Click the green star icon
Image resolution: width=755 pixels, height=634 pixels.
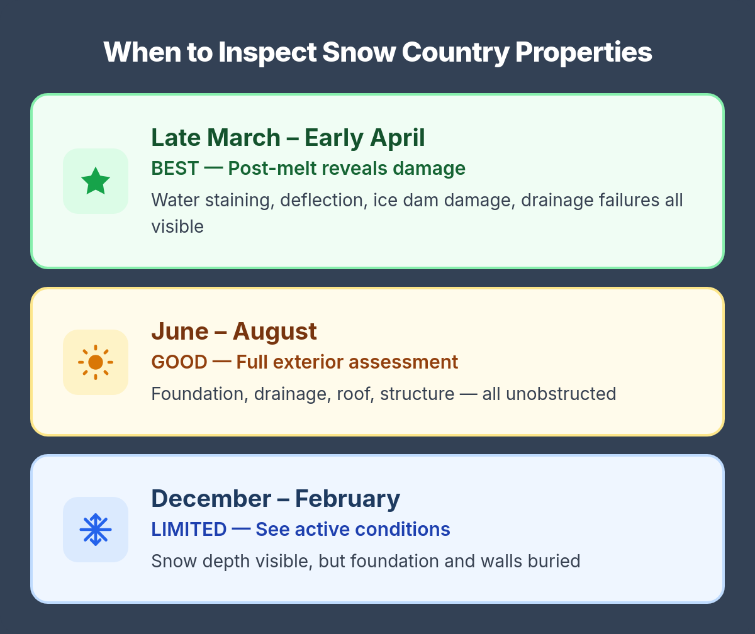(96, 181)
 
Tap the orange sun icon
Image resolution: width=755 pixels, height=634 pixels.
(96, 362)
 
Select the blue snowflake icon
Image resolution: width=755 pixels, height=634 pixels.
(96, 530)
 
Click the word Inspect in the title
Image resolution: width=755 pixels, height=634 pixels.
(267, 52)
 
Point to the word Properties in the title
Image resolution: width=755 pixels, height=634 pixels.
(583, 52)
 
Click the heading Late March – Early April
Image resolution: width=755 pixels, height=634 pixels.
(288, 138)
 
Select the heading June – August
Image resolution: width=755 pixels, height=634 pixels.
(234, 331)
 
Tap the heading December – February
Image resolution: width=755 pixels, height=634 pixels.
(276, 499)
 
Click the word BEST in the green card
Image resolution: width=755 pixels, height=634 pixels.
(175, 169)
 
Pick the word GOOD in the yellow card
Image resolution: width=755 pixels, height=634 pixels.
(179, 362)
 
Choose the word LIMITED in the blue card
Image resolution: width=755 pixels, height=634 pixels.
(189, 530)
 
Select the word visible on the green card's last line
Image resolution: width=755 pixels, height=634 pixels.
(177, 226)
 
